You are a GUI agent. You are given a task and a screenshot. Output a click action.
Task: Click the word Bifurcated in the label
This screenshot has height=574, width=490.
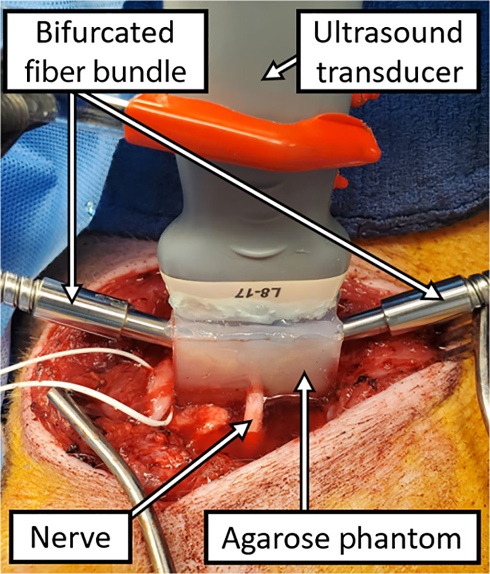tap(105, 33)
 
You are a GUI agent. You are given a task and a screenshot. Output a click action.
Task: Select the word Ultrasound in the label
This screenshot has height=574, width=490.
tap(388, 32)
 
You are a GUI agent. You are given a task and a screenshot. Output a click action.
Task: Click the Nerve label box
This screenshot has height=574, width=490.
tap(71, 537)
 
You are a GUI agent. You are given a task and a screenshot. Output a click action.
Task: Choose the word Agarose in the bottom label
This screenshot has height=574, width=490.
tap(276, 539)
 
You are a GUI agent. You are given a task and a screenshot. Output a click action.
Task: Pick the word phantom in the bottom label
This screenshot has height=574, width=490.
tap(401, 539)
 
